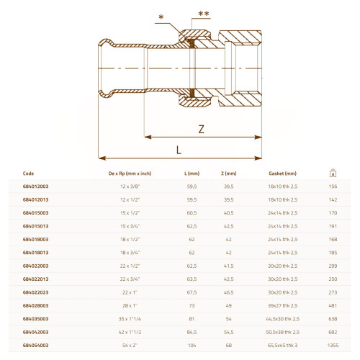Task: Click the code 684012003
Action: pos(35,186)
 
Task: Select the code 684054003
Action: pos(35,346)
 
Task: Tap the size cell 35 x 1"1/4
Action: pos(130,319)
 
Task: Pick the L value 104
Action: pos(192,346)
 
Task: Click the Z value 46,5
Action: pos(228,292)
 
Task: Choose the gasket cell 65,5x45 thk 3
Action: pos(282,346)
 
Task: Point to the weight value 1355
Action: pos(333,346)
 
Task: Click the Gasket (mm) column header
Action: pos(282,174)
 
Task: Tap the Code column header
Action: pos(28,174)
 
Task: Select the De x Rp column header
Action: pos(130,174)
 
